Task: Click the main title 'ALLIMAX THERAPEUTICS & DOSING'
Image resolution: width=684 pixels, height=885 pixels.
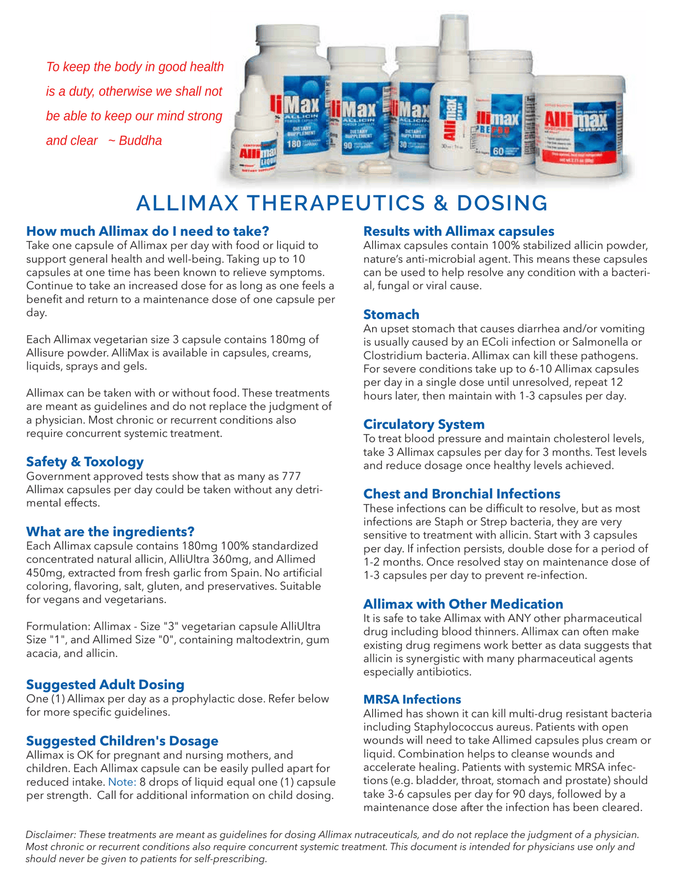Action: (x=342, y=203)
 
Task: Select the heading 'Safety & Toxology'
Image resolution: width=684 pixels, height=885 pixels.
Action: (x=85, y=462)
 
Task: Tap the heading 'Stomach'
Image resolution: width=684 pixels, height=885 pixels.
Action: (x=391, y=315)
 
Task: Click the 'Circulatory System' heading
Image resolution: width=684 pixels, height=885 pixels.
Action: (x=424, y=425)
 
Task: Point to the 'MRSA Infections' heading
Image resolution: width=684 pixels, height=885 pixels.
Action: (x=412, y=699)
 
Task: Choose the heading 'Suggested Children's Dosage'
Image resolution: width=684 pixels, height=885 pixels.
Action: (x=122, y=741)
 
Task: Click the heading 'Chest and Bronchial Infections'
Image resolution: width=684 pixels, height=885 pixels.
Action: (x=462, y=494)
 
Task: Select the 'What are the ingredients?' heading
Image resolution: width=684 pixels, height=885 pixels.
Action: (x=111, y=532)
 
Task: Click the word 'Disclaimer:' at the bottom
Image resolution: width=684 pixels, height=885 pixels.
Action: (x=50, y=835)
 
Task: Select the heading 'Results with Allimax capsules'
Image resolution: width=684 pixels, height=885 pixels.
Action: (x=458, y=231)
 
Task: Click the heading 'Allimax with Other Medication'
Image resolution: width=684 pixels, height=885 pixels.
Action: (x=463, y=604)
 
